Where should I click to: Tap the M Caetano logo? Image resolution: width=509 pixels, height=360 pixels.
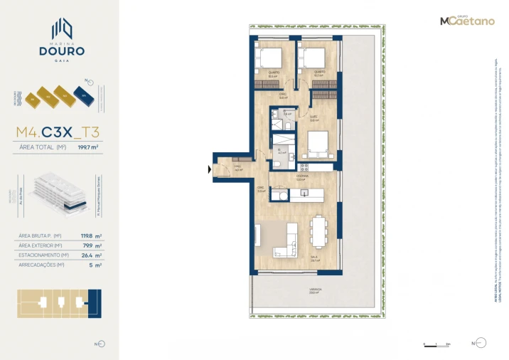466,21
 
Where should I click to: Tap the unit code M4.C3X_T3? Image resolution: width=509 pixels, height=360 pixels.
58,132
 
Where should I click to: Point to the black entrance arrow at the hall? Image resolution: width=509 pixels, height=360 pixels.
208,169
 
